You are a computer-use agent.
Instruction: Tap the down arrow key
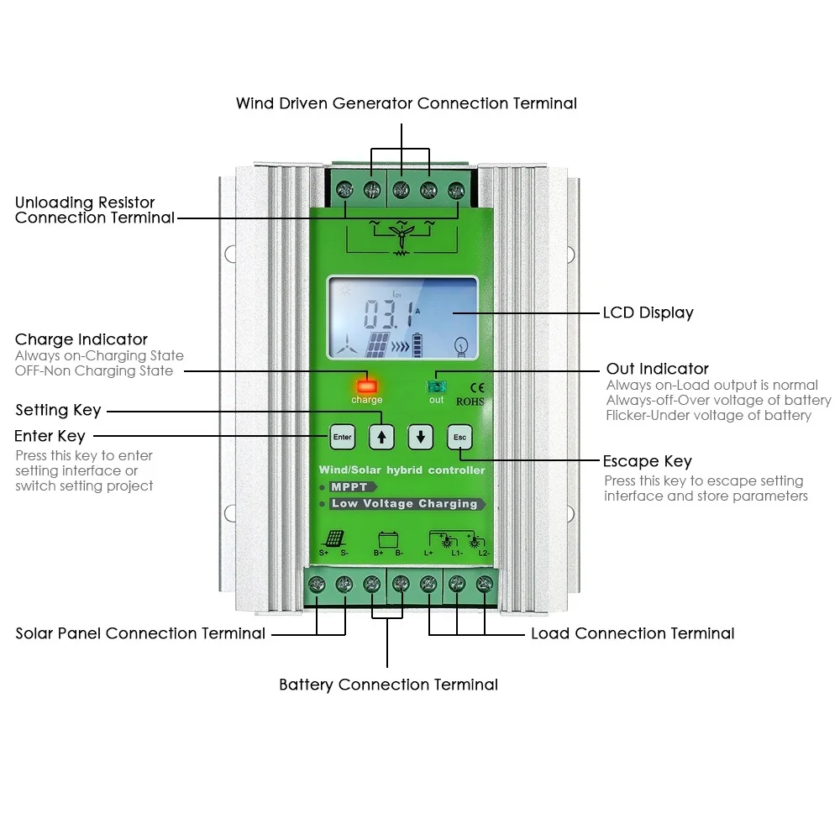[420, 437]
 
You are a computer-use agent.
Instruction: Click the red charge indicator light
[367, 386]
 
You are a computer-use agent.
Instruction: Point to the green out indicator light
[437, 386]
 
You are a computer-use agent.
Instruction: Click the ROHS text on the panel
[470, 401]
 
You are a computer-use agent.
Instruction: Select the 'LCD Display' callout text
[648, 312]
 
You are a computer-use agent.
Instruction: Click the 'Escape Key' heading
[647, 461]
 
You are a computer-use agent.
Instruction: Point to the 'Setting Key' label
[58, 410]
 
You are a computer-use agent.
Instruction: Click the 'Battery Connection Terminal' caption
[388, 685]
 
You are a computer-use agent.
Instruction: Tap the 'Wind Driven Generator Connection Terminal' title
[406, 103]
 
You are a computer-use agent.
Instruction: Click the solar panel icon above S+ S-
[334, 538]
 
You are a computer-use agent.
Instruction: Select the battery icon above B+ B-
[388, 538]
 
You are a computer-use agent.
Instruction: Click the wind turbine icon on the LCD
[344, 344]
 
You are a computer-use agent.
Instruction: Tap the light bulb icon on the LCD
[459, 344]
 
